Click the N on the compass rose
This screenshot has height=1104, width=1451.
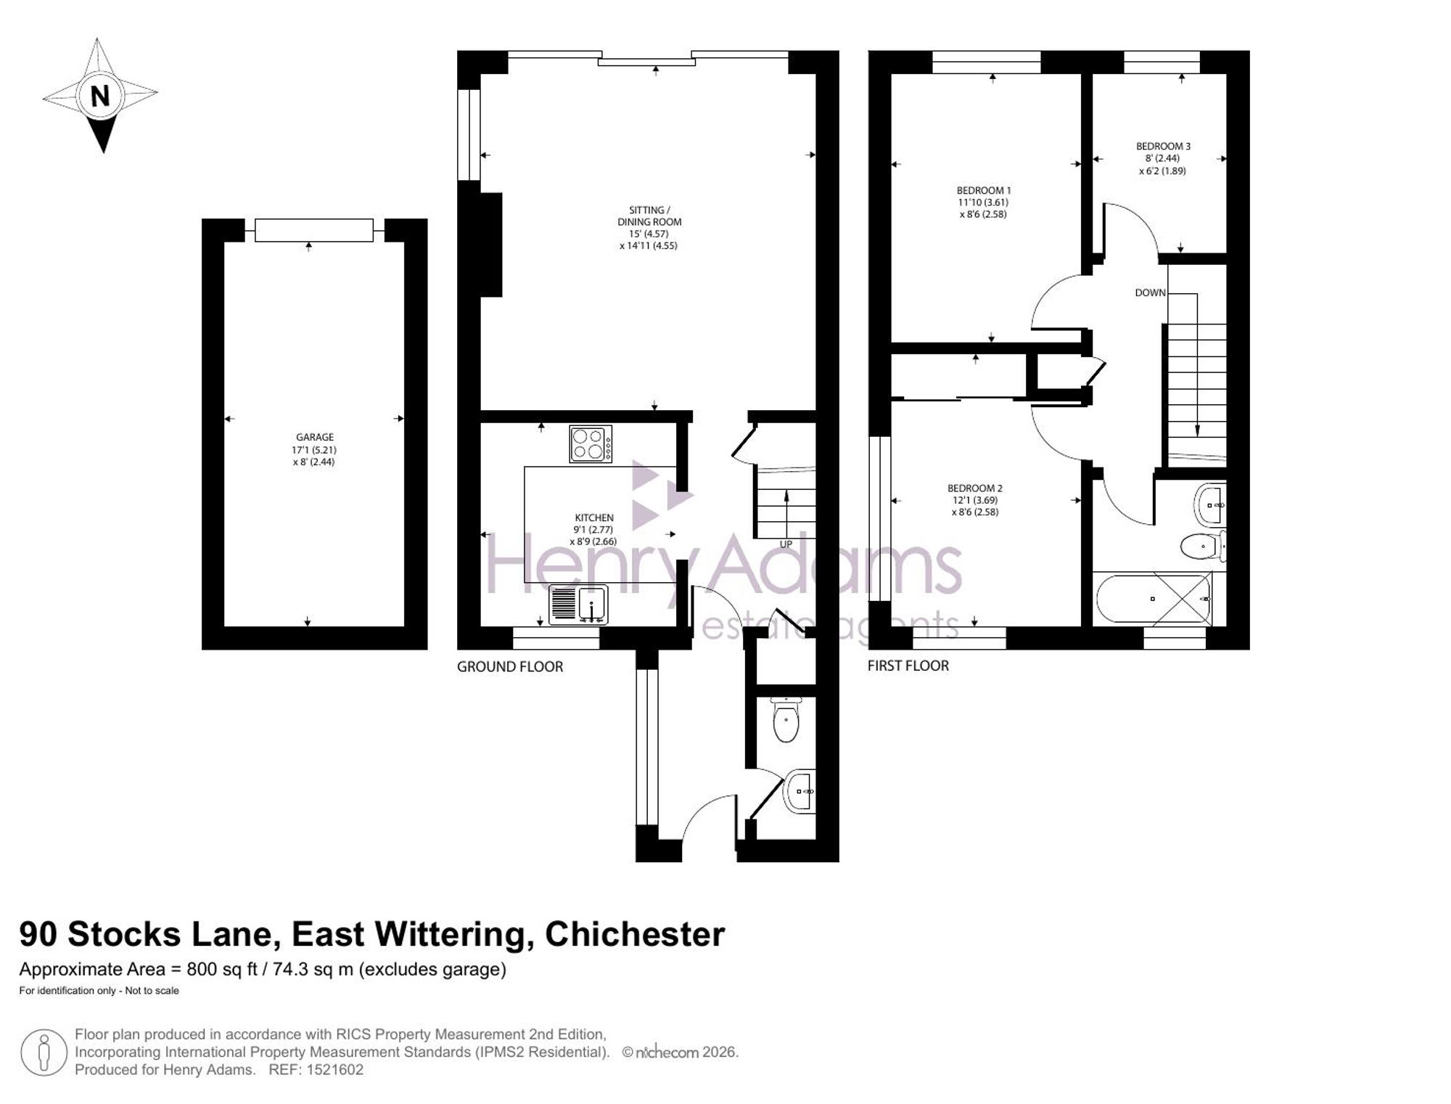(x=101, y=96)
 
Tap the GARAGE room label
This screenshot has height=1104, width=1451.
(x=315, y=437)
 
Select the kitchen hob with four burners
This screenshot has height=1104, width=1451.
(x=591, y=444)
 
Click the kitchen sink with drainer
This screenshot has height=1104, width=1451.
(x=578, y=605)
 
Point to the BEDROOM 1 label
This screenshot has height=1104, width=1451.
(x=984, y=191)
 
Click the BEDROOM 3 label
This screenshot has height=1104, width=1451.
(x=1163, y=146)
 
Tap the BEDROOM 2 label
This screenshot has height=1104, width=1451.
(x=975, y=488)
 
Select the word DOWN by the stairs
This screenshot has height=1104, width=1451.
(x=1150, y=293)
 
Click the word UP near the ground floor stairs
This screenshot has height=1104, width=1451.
(x=786, y=544)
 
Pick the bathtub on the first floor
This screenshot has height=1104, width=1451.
(x=1154, y=600)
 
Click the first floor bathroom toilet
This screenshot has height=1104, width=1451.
(x=1203, y=546)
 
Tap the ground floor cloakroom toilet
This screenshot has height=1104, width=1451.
(x=786, y=719)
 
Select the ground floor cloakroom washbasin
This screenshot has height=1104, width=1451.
(x=800, y=791)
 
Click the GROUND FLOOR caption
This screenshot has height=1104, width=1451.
(x=510, y=666)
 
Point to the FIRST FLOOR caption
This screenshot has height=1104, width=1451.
(x=908, y=666)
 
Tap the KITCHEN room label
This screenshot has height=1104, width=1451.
(x=594, y=518)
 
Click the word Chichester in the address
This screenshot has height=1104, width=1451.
(x=635, y=934)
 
